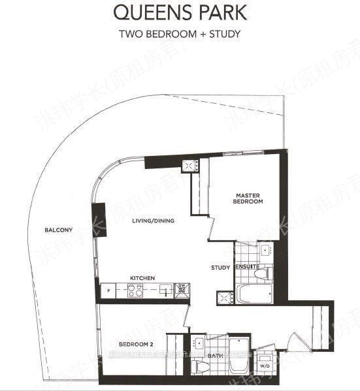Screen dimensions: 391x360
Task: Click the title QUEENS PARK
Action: pyautogui.click(x=180, y=12)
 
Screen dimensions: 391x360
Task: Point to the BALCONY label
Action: pyautogui.click(x=58, y=230)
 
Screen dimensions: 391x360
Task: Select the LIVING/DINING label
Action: pyautogui.click(x=154, y=221)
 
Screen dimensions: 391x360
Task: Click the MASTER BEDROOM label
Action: pyautogui.click(x=249, y=198)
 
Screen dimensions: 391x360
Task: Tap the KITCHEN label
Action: pyautogui.click(x=142, y=279)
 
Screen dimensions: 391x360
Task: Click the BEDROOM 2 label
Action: pyautogui.click(x=136, y=344)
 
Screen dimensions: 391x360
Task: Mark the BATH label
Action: pyautogui.click(x=214, y=356)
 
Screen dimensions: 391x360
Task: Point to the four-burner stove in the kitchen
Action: pyautogui.click(x=136, y=292)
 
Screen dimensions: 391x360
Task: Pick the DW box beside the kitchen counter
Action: pyautogui.click(x=182, y=290)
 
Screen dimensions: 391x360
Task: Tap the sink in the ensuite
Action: pyautogui.click(x=265, y=250)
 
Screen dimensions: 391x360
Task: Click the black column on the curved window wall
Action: pyautogui.click(x=99, y=216)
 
